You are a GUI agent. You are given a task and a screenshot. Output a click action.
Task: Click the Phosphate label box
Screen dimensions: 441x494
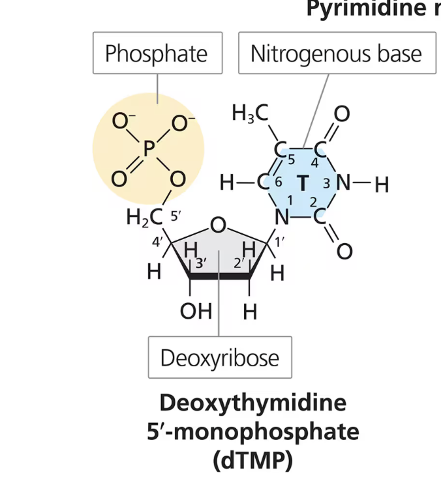tap(157, 53)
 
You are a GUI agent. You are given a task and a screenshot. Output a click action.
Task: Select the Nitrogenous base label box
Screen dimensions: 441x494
tap(336, 53)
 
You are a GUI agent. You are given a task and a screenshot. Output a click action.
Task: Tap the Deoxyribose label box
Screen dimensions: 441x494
tap(220, 358)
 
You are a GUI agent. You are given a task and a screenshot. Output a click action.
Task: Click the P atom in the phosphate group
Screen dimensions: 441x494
tap(149, 151)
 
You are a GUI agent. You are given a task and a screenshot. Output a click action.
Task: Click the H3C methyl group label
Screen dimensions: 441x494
tap(250, 114)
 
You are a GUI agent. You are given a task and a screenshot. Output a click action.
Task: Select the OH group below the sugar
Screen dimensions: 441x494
tap(196, 312)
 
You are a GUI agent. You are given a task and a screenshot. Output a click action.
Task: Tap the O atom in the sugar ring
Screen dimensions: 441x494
tap(219, 226)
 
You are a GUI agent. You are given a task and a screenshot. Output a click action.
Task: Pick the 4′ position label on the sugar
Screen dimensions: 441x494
tap(157, 242)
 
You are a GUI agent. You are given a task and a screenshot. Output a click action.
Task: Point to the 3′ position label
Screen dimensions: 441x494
tap(202, 264)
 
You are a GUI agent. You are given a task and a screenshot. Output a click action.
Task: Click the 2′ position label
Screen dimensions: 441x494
tap(239, 264)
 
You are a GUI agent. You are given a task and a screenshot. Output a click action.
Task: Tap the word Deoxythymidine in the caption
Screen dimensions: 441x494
tap(252, 403)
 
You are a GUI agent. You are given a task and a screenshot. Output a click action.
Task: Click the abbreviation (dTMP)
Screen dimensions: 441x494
tap(252, 460)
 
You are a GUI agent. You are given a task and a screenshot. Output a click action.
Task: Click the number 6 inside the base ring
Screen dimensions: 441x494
tap(278, 182)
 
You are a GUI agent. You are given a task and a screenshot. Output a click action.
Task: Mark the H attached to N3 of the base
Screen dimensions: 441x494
tap(382, 185)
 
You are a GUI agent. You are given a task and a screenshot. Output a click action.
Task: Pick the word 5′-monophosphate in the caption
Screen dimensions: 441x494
tap(252, 431)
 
